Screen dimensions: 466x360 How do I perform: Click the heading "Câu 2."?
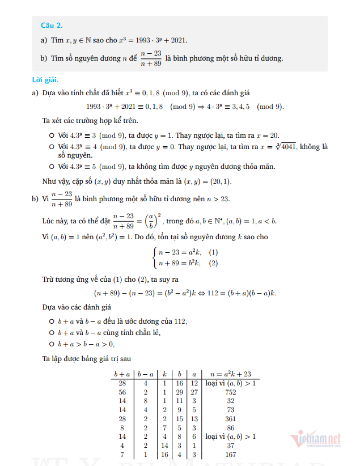(52, 26)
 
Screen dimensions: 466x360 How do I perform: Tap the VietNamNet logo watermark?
(317, 439)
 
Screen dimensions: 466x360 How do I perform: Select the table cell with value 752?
(230, 392)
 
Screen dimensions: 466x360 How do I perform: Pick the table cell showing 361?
(230, 418)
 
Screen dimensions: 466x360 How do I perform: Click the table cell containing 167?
(230, 454)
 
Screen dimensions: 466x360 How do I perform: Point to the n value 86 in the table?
(230, 427)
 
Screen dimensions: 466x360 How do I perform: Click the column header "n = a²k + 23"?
(230, 374)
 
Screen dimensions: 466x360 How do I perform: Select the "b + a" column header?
(122, 374)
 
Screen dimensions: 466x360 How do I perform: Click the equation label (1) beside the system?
(214, 252)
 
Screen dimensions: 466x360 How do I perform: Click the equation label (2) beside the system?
(214, 263)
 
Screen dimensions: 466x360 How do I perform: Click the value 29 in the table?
(180, 392)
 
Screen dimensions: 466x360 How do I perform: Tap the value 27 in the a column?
(194, 392)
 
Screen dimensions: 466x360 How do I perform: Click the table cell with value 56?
(122, 392)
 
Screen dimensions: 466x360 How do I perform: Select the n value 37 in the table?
(230, 445)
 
